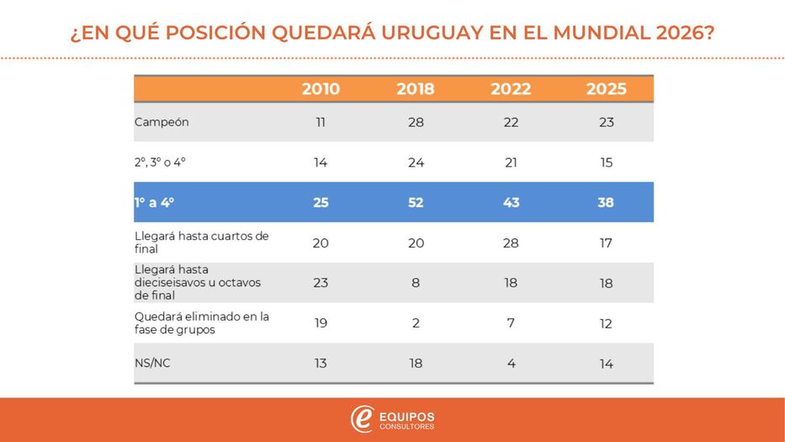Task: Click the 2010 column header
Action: (321, 89)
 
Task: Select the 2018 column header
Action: (416, 89)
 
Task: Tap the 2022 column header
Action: (511, 89)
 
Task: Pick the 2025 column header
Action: (607, 89)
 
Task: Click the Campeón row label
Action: (162, 122)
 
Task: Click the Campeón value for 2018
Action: (416, 122)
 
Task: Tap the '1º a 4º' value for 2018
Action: (416, 203)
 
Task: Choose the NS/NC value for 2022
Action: (511, 364)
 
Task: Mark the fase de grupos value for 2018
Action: (416, 323)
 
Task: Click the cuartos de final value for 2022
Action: (511, 243)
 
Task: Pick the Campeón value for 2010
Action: (321, 122)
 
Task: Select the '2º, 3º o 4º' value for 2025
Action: (607, 162)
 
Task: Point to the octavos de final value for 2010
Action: (321, 283)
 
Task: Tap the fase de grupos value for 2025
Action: (607, 323)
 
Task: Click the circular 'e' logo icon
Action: (363, 418)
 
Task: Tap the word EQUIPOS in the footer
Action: (407, 415)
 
